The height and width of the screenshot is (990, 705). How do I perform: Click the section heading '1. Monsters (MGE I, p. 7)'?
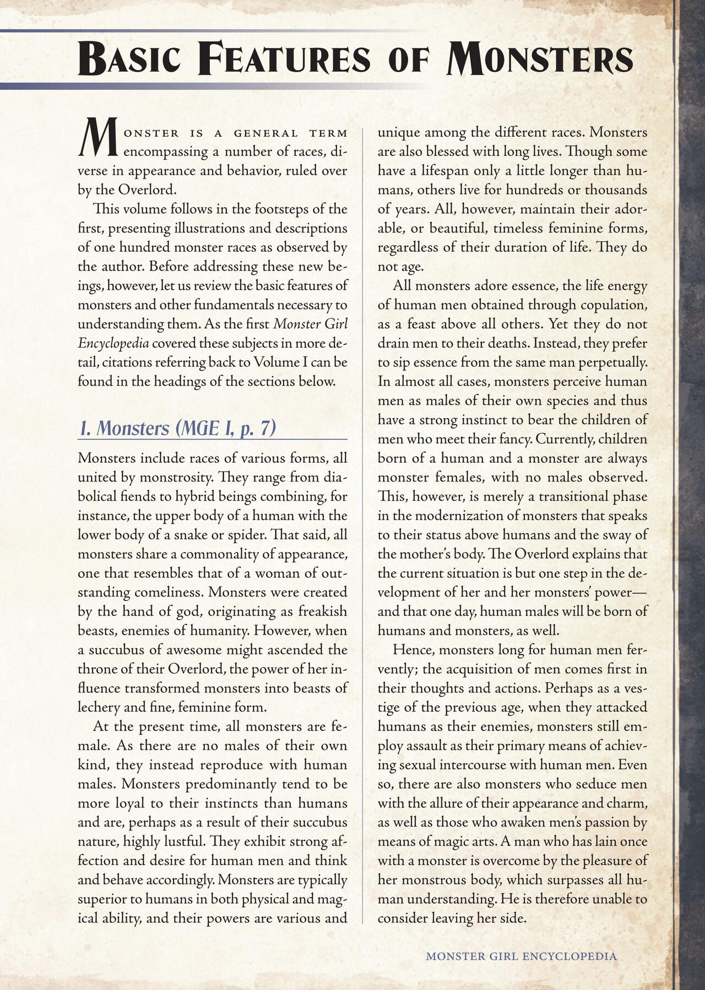177,429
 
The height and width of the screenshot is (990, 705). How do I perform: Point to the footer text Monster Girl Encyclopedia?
521,956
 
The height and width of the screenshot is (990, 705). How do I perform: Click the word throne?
99,669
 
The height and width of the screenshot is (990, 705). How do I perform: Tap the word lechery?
100,707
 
